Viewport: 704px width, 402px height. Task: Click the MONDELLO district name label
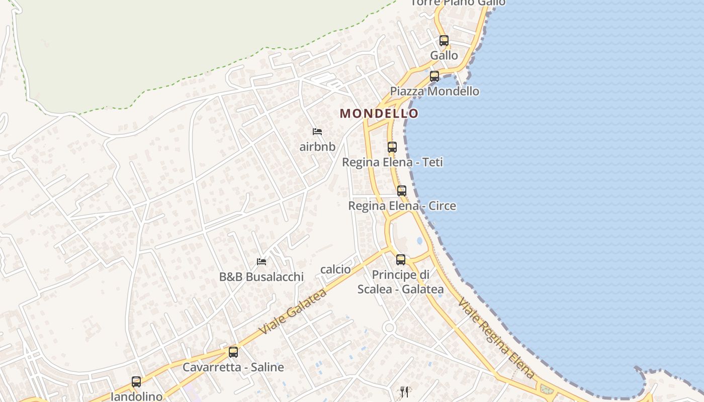click(x=379, y=114)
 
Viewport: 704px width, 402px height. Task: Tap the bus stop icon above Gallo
click(x=444, y=41)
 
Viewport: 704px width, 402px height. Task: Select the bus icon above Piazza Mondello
click(x=434, y=76)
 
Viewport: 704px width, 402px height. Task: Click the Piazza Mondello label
click(x=434, y=91)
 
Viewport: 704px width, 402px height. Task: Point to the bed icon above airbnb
click(x=317, y=132)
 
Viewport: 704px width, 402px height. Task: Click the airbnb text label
click(x=317, y=147)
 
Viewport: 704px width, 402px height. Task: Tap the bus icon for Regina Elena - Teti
click(x=392, y=147)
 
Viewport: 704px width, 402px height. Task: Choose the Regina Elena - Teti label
click(x=392, y=162)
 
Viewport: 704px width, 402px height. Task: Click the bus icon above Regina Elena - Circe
click(x=401, y=191)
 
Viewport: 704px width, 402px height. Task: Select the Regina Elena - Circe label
click(x=402, y=206)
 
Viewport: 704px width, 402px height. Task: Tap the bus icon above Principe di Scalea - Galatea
click(x=401, y=260)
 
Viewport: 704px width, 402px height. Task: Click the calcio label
click(x=335, y=269)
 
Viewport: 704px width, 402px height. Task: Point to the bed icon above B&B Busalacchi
click(x=261, y=261)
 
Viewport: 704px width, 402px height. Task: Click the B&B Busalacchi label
click(x=261, y=276)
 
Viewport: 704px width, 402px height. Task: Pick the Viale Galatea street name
click(x=293, y=312)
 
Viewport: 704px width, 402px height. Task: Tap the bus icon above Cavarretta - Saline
click(x=233, y=352)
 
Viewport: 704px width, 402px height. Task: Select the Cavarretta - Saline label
click(x=233, y=367)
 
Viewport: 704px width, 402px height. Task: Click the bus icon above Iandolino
click(x=136, y=382)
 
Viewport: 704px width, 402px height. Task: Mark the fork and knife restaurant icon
click(x=404, y=392)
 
